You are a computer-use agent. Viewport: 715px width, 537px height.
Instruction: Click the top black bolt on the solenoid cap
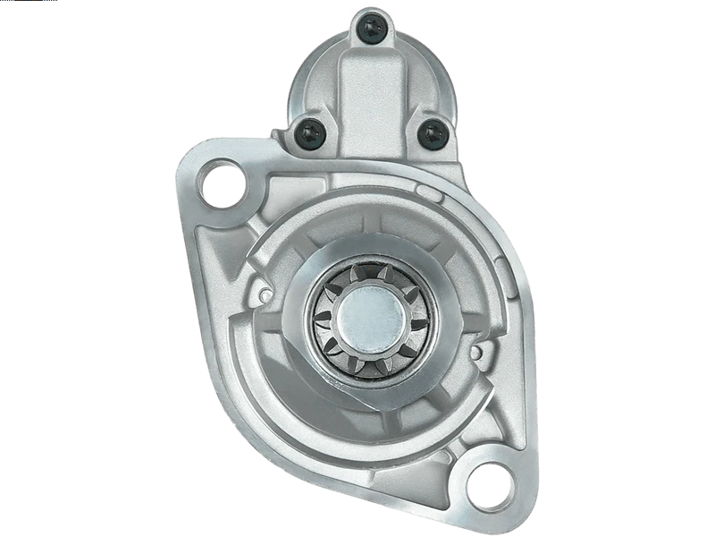pos(372,30)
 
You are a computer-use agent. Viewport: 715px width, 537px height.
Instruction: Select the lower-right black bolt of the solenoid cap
pos(433,134)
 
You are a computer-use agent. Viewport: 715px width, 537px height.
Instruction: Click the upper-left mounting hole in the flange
pos(221,184)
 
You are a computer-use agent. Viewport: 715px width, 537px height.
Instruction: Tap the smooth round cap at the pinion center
pos(370,316)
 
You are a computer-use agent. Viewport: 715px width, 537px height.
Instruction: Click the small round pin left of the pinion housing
pos(265,294)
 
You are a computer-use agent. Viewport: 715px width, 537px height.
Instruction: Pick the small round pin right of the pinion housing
pos(477,352)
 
